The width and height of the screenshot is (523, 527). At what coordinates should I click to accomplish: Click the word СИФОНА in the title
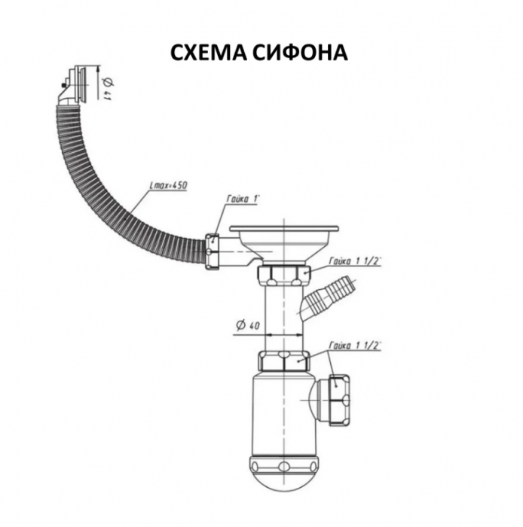(x=301, y=53)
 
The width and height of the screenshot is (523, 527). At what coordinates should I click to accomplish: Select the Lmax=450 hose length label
(x=168, y=185)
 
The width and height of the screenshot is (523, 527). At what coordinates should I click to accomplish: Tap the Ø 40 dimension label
(x=248, y=325)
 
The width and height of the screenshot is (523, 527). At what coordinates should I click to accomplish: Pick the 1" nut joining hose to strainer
(x=213, y=251)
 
